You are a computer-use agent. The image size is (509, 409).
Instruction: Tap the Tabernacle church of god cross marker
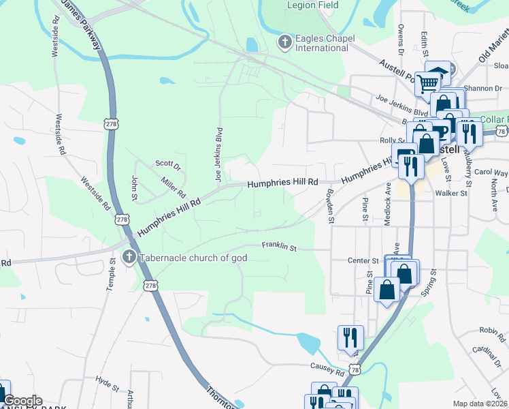pos(129,258)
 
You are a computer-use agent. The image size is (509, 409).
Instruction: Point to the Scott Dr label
pos(167,164)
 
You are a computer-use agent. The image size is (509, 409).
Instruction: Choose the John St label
pos(135,187)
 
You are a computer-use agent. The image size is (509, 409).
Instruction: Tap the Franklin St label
pos(280,246)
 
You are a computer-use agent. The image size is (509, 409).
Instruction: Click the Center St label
pos(363,260)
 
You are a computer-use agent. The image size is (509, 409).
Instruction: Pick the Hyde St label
pos(107,380)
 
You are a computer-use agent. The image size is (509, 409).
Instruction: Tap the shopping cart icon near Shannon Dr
pos(428,84)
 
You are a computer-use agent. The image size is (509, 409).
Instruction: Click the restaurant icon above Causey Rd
pos(350,337)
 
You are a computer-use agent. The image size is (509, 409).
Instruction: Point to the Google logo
pos(22,401)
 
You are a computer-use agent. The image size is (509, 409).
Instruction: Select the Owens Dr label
pos(401,40)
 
